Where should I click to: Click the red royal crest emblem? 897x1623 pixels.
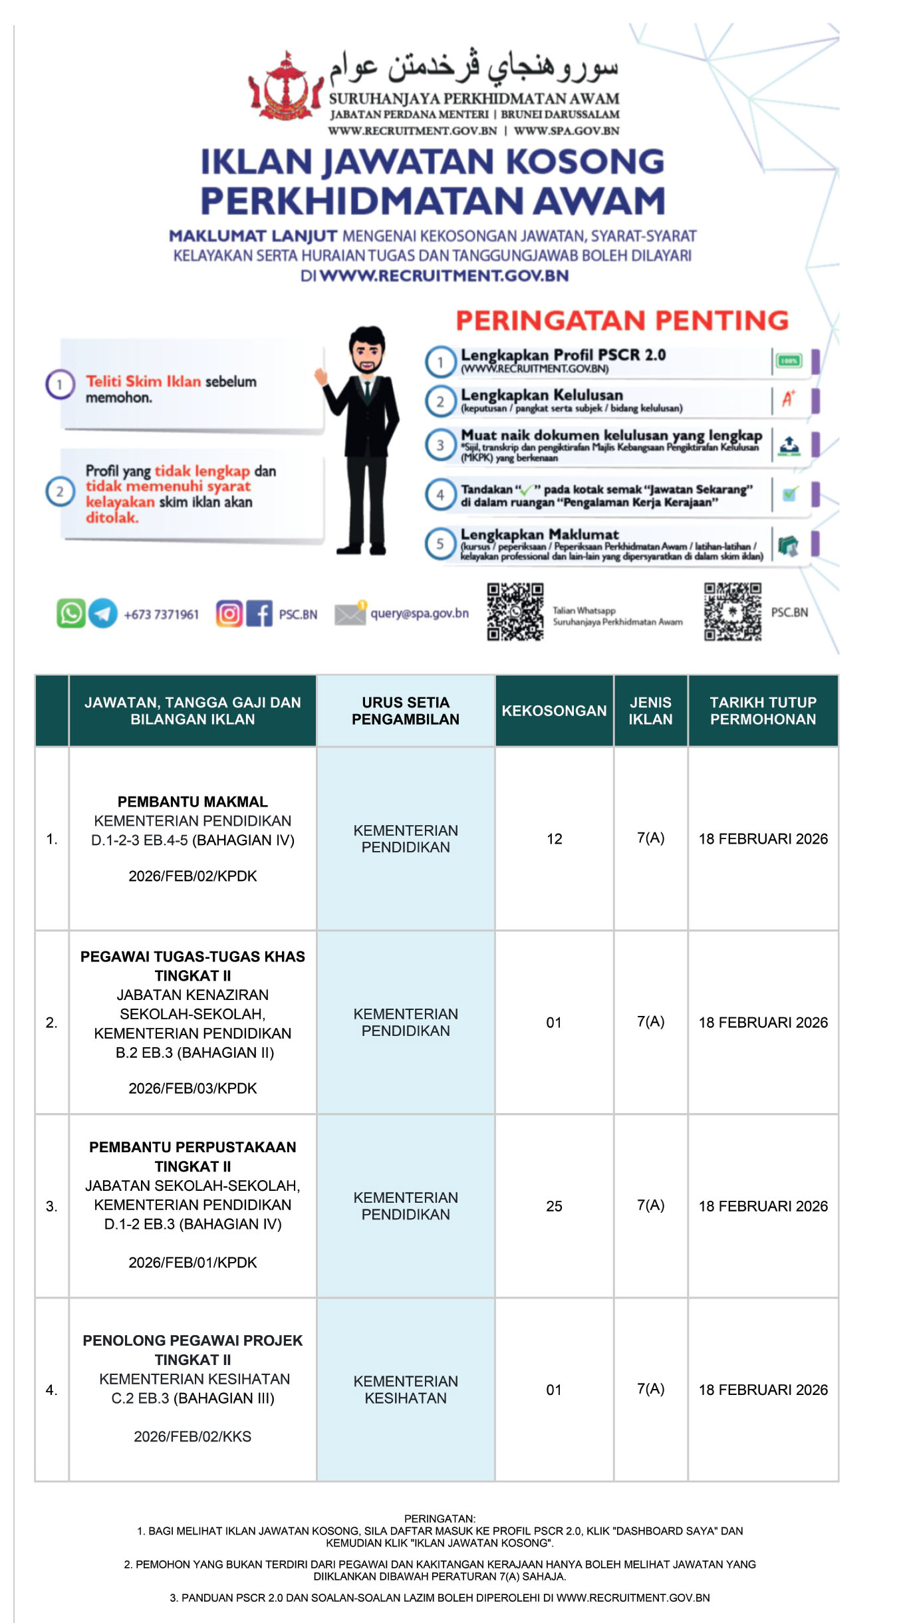[285, 86]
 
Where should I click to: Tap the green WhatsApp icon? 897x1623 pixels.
[70, 613]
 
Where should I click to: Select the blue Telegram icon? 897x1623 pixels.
[103, 613]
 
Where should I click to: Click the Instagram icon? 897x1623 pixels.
[229, 613]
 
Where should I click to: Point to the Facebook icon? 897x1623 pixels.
[259, 613]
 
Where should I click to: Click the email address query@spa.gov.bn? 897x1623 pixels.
[419, 613]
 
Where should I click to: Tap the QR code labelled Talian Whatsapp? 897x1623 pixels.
[515, 612]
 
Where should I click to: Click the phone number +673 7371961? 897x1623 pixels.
[161, 614]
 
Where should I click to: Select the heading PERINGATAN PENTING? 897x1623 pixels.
[622, 320]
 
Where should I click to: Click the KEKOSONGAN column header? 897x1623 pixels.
[554, 711]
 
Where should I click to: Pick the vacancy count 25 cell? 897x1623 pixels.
[554, 1206]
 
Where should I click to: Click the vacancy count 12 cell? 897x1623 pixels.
[554, 839]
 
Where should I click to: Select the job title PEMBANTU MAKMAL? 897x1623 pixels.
[192, 802]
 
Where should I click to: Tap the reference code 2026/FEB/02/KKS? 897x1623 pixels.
[192, 1437]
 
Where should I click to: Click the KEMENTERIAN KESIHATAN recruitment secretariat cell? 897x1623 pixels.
[406, 1390]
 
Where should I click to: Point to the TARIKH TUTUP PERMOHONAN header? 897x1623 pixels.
[763, 711]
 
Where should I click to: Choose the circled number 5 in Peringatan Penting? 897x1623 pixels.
[440, 544]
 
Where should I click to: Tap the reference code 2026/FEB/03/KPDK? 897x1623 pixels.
[192, 1088]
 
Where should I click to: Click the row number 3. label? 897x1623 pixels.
[52, 1206]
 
